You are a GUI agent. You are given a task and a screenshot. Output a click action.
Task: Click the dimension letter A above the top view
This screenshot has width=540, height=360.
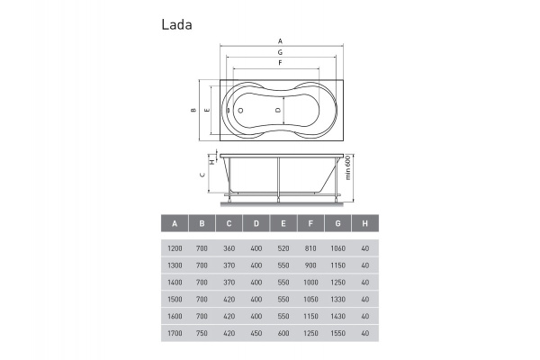[x=280, y=41]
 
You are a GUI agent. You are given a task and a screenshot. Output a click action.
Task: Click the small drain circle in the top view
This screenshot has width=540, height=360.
[x=240, y=110]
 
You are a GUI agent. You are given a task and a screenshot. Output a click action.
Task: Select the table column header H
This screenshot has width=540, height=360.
[x=364, y=223]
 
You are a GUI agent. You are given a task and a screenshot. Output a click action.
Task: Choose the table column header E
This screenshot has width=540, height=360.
[x=283, y=223]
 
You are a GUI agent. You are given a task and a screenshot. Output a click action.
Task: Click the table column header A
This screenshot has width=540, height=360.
[x=175, y=223]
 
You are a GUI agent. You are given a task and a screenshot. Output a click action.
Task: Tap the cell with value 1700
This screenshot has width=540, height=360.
[x=175, y=332]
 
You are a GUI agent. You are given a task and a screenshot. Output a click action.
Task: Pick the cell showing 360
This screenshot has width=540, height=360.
[x=229, y=248]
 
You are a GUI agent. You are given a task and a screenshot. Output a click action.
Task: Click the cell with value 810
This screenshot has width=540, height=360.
[x=310, y=248]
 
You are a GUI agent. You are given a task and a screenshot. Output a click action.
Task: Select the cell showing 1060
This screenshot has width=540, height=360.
[x=337, y=248]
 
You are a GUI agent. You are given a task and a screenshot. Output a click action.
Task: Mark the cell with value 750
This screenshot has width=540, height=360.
[x=202, y=332]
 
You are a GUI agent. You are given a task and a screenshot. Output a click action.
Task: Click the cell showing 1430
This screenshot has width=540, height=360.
[x=337, y=316]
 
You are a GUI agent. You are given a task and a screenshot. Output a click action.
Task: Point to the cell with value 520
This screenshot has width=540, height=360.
[x=283, y=248]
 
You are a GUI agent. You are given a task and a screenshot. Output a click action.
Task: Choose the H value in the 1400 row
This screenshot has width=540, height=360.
[x=364, y=282]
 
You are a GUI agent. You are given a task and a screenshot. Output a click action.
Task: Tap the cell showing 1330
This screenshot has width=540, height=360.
[x=337, y=299]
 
